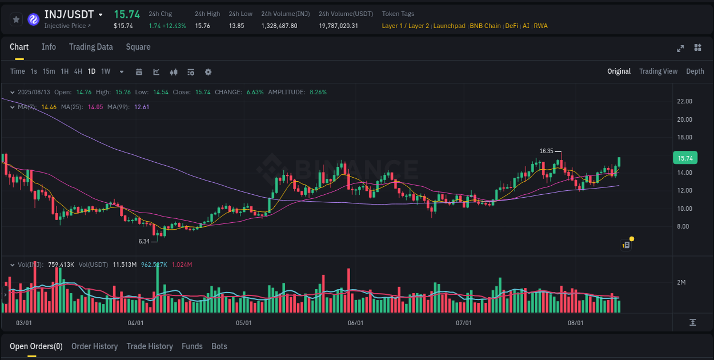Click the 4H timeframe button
coord(78,71)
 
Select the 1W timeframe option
coord(106,71)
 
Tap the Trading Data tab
coord(91,47)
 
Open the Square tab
coord(138,47)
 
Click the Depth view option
coord(695,71)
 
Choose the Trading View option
coord(658,71)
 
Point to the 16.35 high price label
coord(547,151)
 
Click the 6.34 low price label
coord(144,241)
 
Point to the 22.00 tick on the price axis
coord(684,101)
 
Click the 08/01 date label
coord(576,323)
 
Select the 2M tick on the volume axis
coord(681,282)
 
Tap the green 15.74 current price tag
coord(685,158)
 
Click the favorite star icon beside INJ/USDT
coord(17,19)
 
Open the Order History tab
coord(94,346)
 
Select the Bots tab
coord(219,346)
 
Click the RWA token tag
coord(540,26)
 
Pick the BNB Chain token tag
coord(485,26)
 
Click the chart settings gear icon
coord(208,72)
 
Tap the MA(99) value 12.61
coord(142,107)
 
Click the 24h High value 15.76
coord(202,26)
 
